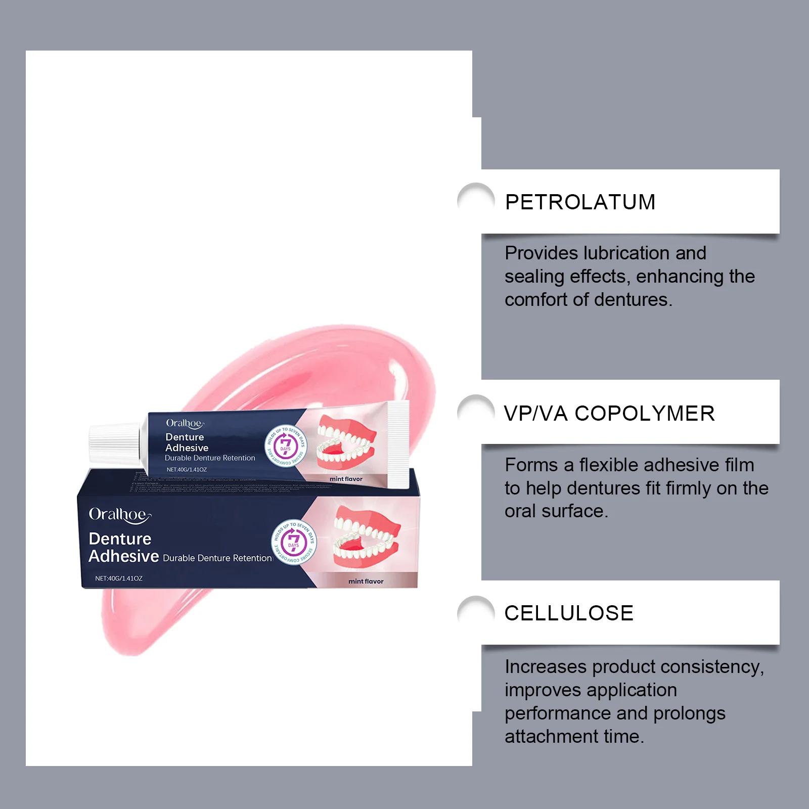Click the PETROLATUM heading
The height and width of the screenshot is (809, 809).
(x=580, y=202)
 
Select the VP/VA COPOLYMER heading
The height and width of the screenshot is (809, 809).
(x=609, y=414)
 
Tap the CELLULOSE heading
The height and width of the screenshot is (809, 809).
(x=569, y=613)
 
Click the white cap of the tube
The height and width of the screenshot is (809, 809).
(x=115, y=443)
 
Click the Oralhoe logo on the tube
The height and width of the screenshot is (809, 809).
(x=185, y=423)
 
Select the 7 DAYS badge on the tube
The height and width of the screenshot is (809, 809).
(x=286, y=445)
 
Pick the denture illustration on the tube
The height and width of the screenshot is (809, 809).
(x=347, y=442)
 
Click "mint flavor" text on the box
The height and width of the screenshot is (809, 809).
(x=366, y=581)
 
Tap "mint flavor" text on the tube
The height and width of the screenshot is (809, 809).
(x=346, y=479)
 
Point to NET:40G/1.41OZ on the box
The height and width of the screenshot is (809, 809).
(x=119, y=578)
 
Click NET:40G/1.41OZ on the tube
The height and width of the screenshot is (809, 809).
(x=187, y=470)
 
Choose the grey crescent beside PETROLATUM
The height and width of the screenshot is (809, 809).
(x=474, y=195)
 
